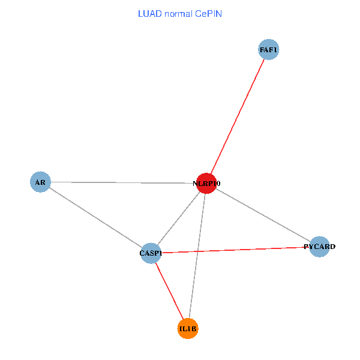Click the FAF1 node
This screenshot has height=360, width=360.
(269, 50)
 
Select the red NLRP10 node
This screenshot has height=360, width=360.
(206, 184)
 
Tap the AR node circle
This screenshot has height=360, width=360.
(40, 182)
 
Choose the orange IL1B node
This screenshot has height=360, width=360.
(188, 329)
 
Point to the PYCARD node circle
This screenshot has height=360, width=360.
(320, 247)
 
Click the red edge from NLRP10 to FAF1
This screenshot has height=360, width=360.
(238, 116)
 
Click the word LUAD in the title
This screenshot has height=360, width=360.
(149, 13)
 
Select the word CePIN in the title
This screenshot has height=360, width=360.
(208, 13)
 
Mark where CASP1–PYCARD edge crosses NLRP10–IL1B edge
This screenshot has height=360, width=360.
(197, 251)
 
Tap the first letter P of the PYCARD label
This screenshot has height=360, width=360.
(307, 247)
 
